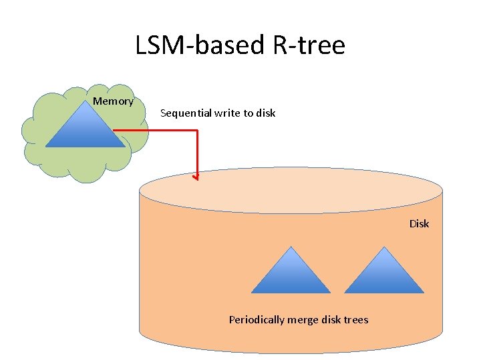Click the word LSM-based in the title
pyautogui.click(x=194, y=45)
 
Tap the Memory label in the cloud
pyautogui.click(x=113, y=101)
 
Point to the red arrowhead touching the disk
pyautogui.click(x=196, y=177)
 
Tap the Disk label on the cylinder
pyautogui.click(x=419, y=223)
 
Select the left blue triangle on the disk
pyautogui.click(x=291, y=273)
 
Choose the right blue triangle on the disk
pyautogui.click(x=384, y=273)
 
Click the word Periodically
pyautogui.click(x=257, y=320)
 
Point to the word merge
pyautogui.click(x=303, y=320)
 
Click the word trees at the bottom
pyautogui.click(x=355, y=320)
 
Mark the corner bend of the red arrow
pyautogui.click(x=197, y=131)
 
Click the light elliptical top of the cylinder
pyautogui.click(x=291, y=190)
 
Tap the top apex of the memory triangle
pyautogui.click(x=86, y=101)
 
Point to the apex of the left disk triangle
pyautogui.click(x=291, y=247)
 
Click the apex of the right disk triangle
pyautogui.click(x=385, y=247)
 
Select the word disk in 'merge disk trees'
pyautogui.click(x=331, y=320)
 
